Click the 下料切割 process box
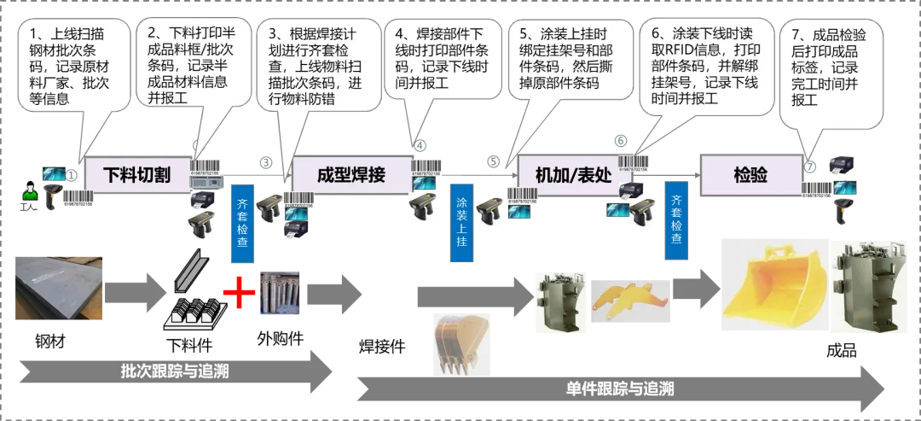pyautogui.click(x=136, y=176)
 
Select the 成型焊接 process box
pyautogui.click(x=350, y=176)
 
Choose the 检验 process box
pyautogui.click(x=750, y=176)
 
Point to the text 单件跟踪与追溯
pyautogui.click(x=619, y=389)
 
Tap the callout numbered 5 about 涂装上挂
pyautogui.click(x=571, y=60)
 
